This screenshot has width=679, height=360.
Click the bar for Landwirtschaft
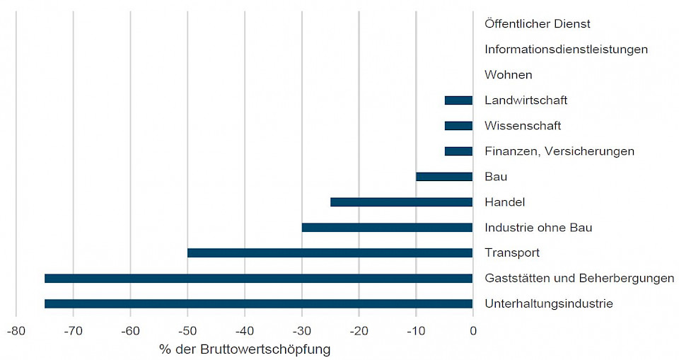(458, 100)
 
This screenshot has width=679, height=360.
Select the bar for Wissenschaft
(458, 126)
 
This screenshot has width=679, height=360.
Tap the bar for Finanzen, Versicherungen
(458, 151)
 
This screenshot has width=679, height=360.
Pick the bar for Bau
(444, 177)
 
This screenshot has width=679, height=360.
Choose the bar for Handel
(401, 202)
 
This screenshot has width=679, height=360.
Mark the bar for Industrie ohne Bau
(387, 228)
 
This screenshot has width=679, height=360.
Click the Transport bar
(330, 253)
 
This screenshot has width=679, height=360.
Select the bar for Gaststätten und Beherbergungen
(258, 279)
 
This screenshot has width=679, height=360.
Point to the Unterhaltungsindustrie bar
(258, 304)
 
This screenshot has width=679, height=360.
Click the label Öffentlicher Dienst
(538, 24)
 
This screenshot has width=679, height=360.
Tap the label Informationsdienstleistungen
(566, 50)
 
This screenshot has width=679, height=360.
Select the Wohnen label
(509, 75)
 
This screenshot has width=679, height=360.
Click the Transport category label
(512, 253)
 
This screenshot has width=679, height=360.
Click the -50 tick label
(187, 330)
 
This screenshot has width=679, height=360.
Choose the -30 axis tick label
(301, 330)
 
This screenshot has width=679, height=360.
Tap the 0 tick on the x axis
(473, 330)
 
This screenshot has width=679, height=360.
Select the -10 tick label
(415, 330)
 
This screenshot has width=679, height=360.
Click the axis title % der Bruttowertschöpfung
(245, 349)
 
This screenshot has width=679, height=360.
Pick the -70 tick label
(73, 330)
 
